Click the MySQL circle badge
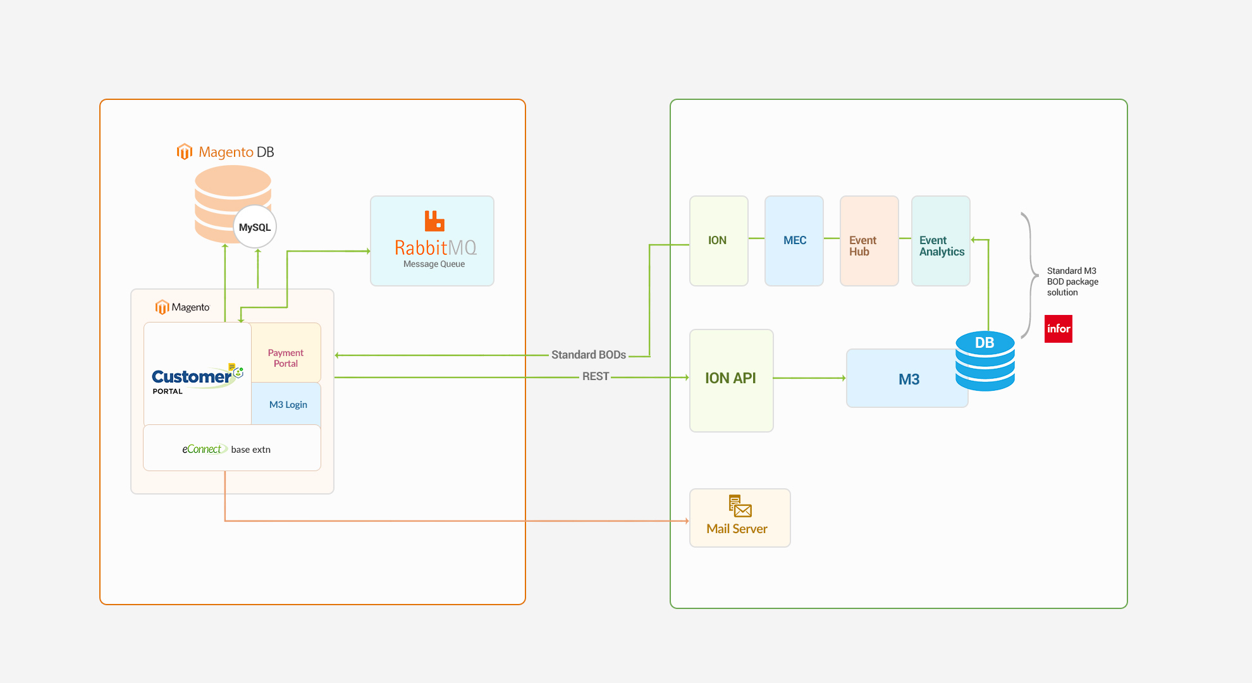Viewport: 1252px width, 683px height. [x=255, y=227]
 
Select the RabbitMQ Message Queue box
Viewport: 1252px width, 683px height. [x=432, y=241]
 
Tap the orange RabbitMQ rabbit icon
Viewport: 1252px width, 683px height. [x=434, y=221]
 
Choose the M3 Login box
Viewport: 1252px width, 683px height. [x=288, y=405]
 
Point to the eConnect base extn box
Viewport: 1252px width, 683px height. [x=231, y=448]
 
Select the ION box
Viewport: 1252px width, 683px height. [x=718, y=241]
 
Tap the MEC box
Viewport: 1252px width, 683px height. [x=794, y=241]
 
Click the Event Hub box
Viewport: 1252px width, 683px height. [x=869, y=241]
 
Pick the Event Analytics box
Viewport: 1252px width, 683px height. [x=940, y=241]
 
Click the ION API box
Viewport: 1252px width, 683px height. [x=731, y=380]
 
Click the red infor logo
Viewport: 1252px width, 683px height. [x=1058, y=329]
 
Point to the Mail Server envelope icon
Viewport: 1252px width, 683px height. [x=740, y=507]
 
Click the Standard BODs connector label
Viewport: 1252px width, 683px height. [x=588, y=355]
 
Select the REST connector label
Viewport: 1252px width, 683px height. [x=595, y=377]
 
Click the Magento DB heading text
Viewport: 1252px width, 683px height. [x=236, y=152]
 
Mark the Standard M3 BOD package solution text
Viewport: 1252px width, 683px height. [x=1072, y=281]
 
